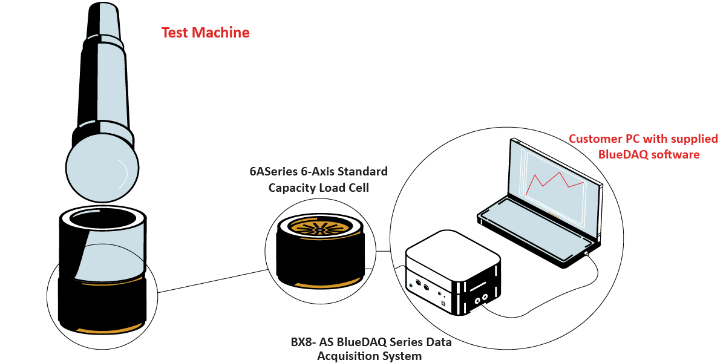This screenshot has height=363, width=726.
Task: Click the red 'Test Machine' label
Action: pos(205,33)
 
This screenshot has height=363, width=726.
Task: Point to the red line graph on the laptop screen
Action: pos(554,181)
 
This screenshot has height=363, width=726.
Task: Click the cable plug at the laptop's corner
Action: pos(587,255)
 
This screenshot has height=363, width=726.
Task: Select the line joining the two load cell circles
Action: pos(212,281)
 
